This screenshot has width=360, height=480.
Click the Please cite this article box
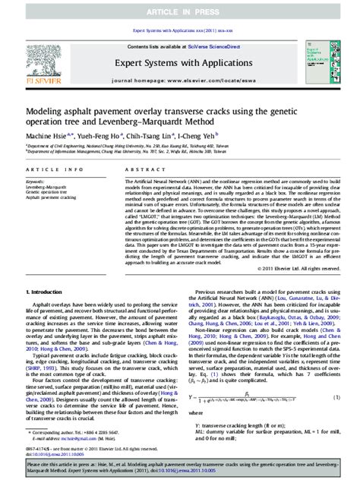click(179, 465)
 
